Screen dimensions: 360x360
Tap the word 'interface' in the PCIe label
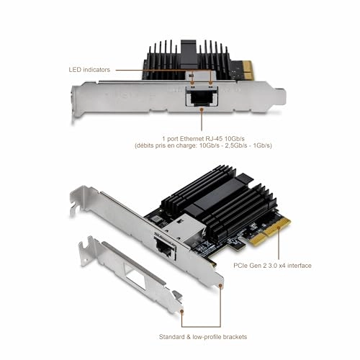(296, 266)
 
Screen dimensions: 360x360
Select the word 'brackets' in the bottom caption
(242, 336)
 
